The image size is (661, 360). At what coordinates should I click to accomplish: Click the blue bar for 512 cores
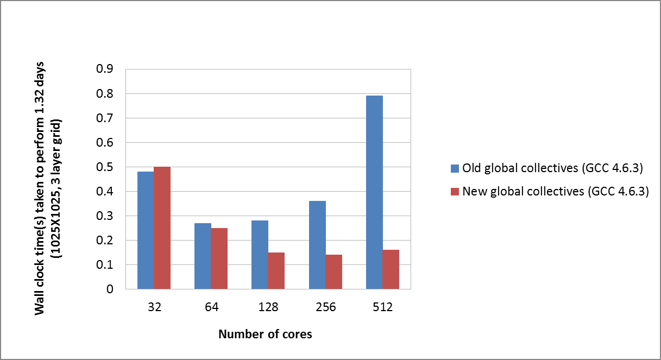[374, 192]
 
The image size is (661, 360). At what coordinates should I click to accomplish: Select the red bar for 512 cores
[391, 269]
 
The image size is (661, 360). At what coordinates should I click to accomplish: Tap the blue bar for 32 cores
[146, 230]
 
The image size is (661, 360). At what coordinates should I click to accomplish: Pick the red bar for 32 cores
[162, 228]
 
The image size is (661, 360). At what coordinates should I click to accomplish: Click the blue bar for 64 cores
[203, 256]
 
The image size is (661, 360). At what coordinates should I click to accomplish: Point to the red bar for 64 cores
[219, 258]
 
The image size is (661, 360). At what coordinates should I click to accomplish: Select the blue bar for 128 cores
[260, 255]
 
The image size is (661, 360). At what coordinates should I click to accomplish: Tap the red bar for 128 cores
[276, 270]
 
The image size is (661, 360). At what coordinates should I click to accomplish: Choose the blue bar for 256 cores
[317, 245]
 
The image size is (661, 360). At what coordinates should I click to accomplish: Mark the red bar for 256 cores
[334, 271]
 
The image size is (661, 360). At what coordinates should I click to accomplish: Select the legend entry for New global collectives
[556, 191]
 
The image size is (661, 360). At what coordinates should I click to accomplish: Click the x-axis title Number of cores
[265, 334]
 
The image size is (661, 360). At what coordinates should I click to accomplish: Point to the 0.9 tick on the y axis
[105, 70]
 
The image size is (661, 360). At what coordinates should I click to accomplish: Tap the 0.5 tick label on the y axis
[105, 167]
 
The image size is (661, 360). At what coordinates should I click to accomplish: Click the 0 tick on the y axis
[110, 289]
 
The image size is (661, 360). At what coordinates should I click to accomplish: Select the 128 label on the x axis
[268, 307]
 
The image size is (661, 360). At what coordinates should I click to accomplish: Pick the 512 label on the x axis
[383, 307]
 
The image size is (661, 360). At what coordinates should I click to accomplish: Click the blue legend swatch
[455, 168]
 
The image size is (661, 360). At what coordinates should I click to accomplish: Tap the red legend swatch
[455, 191]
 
